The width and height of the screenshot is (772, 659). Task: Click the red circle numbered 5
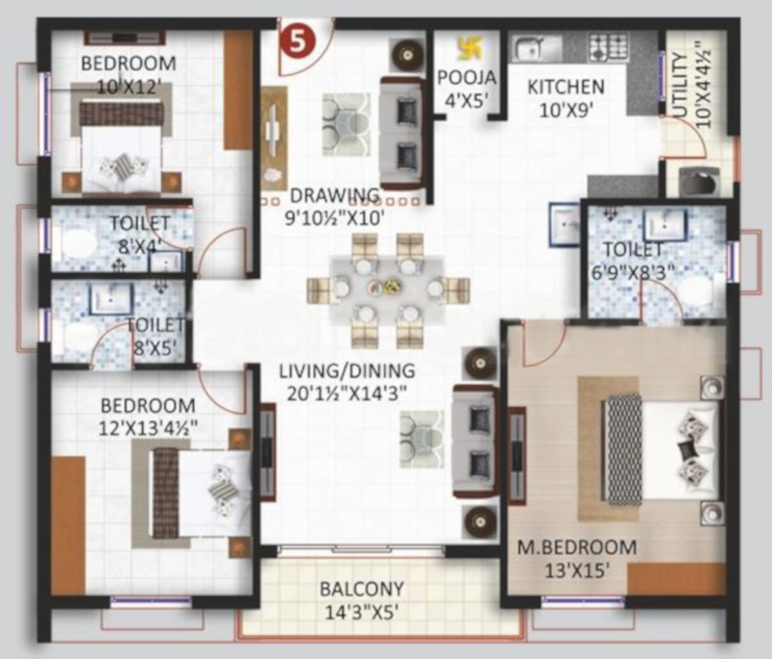[297, 41]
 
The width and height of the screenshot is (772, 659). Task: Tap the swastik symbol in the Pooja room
[469, 47]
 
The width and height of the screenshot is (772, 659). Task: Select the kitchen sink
[531, 48]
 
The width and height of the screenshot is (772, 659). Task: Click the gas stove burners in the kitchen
[609, 47]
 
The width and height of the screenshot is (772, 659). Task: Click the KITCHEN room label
[565, 87]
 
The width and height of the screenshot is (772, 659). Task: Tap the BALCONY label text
[362, 590]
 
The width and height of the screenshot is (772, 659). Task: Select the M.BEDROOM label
[576, 547]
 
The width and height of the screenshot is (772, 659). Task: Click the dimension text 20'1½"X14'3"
[346, 394]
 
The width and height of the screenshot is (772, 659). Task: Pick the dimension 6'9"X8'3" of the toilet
[633, 272]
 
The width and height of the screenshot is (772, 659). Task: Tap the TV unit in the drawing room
[273, 139]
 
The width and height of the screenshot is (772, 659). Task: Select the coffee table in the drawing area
[345, 124]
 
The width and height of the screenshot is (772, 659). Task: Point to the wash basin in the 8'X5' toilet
[111, 299]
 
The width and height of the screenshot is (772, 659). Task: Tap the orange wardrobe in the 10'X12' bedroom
[238, 90]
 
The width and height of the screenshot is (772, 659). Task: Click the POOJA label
[467, 78]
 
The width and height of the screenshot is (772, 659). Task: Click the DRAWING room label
[335, 196]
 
